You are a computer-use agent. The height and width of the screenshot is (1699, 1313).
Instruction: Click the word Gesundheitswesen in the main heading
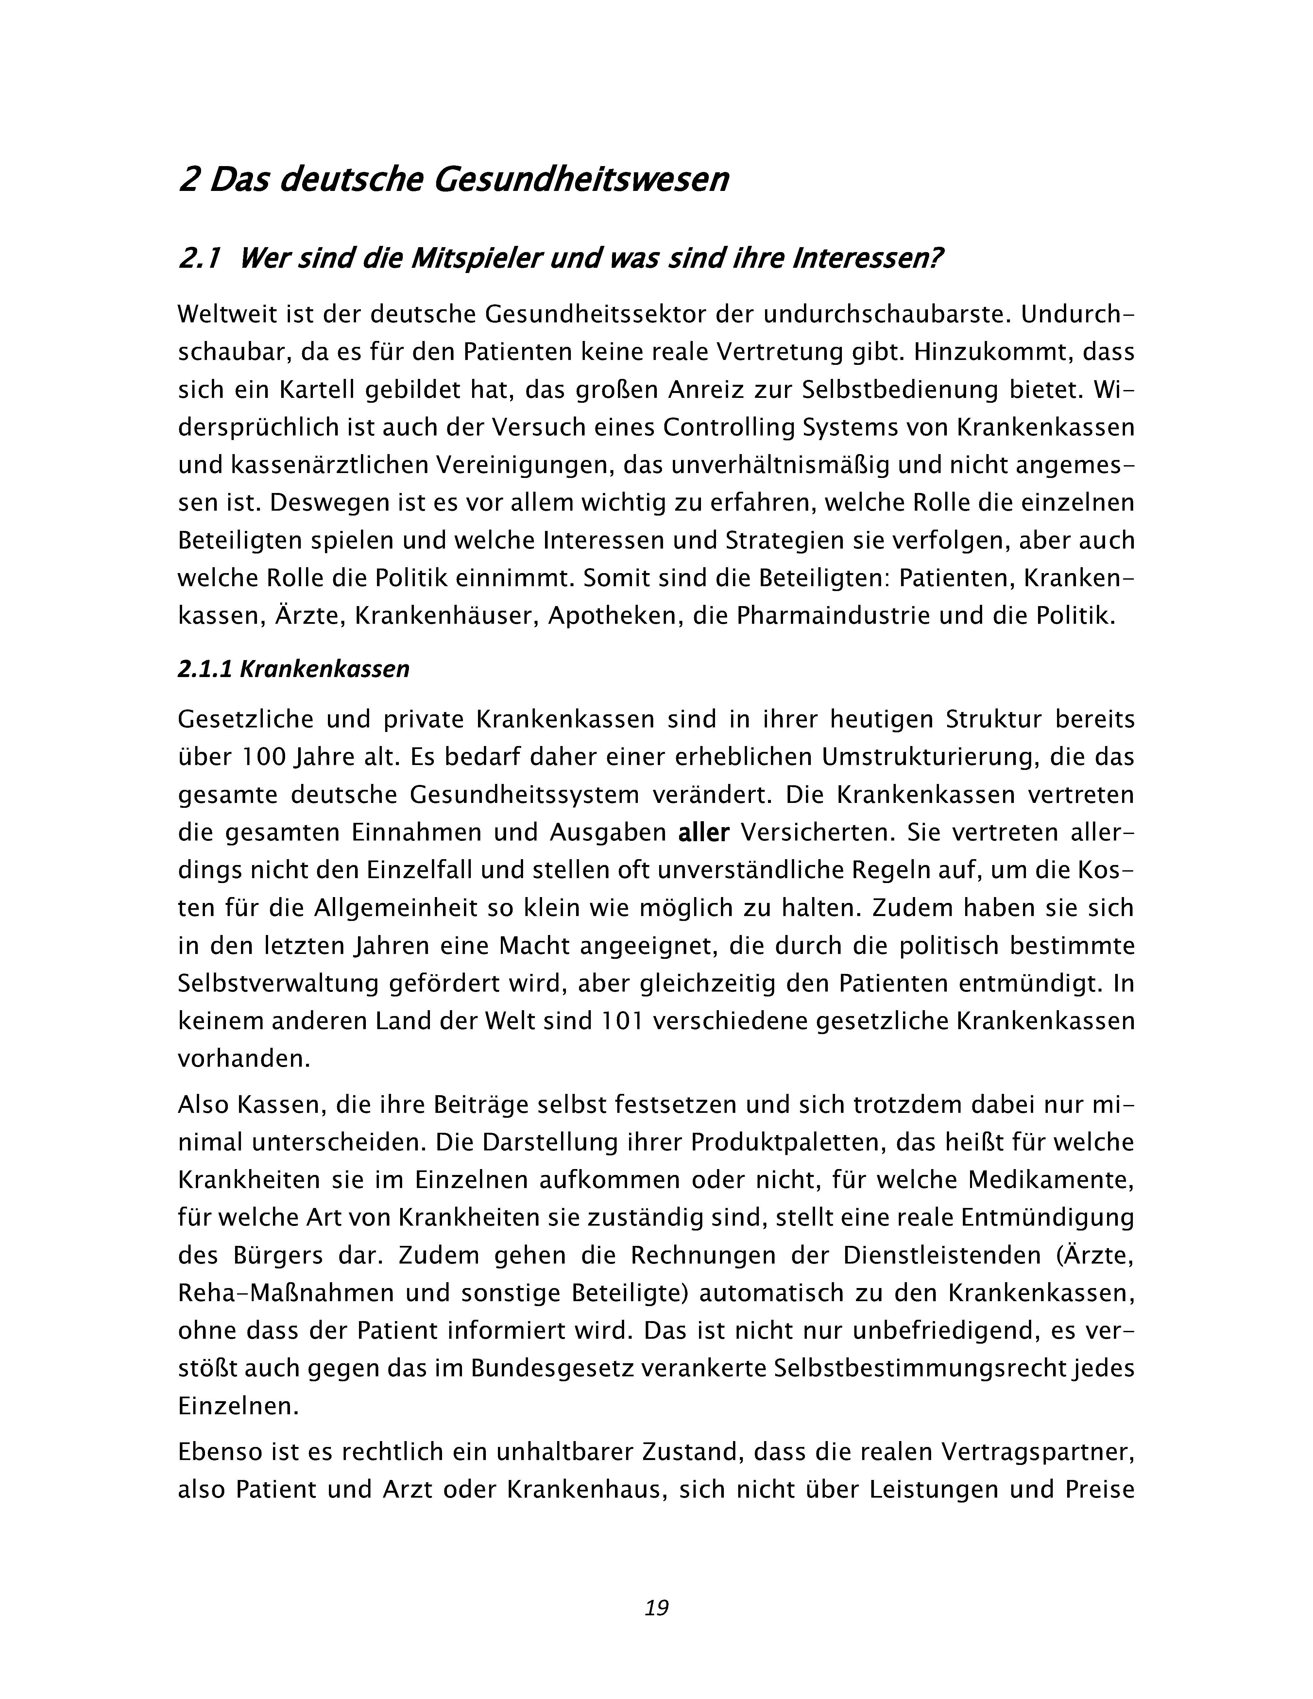pos(581,180)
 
